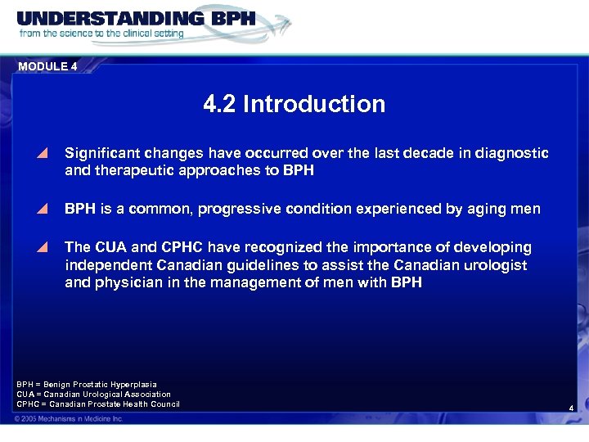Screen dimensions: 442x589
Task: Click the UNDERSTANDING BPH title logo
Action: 135,18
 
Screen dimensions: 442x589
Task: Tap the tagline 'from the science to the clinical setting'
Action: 101,34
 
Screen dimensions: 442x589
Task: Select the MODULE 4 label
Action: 47,67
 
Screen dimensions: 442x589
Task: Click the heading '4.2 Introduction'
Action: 294,104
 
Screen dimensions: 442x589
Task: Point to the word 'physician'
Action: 127,283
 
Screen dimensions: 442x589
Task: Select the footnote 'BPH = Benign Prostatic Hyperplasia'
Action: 87,384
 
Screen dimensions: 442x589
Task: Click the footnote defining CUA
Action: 94,394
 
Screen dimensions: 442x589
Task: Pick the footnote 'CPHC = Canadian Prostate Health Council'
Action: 98,404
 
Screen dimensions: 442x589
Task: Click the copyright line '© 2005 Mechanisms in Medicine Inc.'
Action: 69,418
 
